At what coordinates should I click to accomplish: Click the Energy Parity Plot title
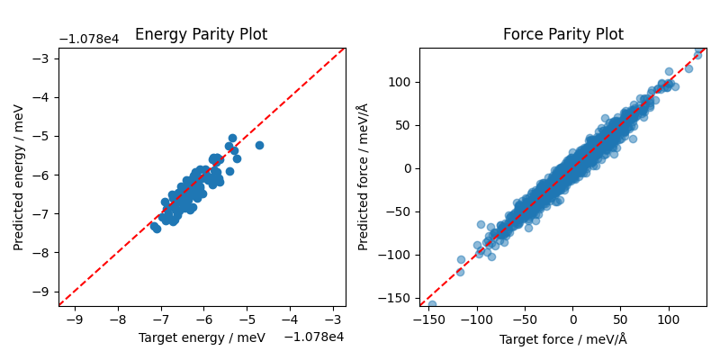click(x=201, y=35)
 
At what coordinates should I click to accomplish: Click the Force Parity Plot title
click(x=562, y=35)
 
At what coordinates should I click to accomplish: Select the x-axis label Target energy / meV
click(x=202, y=337)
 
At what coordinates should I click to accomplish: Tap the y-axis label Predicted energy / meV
click(x=19, y=177)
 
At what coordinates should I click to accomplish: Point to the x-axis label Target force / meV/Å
click(x=562, y=339)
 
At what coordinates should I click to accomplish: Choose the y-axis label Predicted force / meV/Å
click(x=363, y=177)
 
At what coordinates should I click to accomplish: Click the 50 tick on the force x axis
click(x=621, y=319)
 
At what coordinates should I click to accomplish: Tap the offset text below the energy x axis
click(x=314, y=337)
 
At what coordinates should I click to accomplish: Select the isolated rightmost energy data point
click(x=259, y=145)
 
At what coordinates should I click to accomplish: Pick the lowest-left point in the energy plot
click(x=156, y=229)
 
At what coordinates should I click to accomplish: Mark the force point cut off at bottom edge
click(x=432, y=304)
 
